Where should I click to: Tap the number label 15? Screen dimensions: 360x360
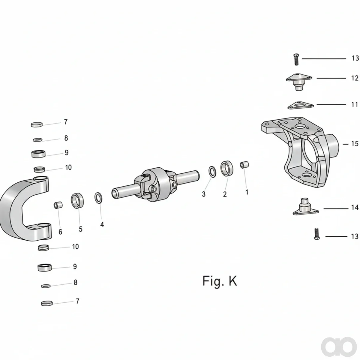click(355, 144)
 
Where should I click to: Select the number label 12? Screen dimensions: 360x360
click(355, 78)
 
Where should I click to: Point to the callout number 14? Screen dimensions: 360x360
click(355, 207)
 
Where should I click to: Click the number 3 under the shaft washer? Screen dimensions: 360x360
click(204, 194)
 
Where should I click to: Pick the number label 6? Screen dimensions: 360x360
click(60, 232)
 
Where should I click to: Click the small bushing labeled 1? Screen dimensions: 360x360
click(244, 165)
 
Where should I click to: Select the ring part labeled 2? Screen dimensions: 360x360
click(227, 168)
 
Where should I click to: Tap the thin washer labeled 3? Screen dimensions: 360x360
click(212, 172)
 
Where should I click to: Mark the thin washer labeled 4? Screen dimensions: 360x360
click(98, 198)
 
